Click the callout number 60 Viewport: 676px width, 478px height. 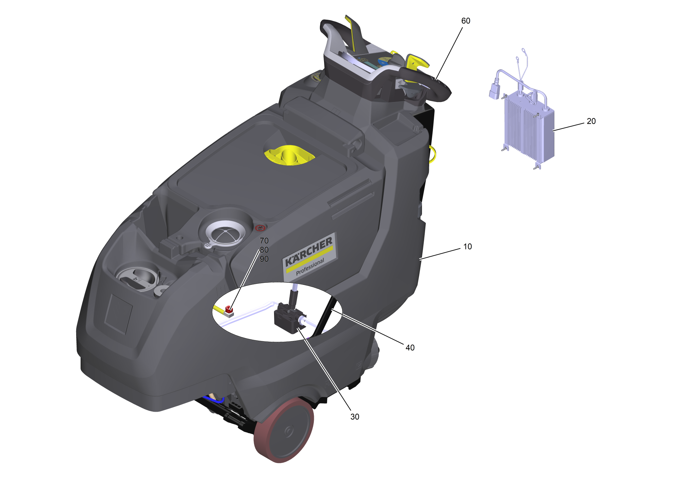click(x=466, y=21)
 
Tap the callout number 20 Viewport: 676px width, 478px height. click(x=591, y=121)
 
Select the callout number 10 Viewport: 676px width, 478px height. click(x=468, y=246)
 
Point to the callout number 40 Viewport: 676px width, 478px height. click(x=410, y=347)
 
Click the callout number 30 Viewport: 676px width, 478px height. click(x=355, y=416)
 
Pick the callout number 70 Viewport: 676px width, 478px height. click(x=264, y=241)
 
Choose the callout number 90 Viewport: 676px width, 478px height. click(x=264, y=259)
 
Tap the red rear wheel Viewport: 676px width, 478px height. click(x=284, y=430)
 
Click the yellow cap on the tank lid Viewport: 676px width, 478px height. click(x=289, y=155)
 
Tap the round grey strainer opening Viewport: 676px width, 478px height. click(x=225, y=233)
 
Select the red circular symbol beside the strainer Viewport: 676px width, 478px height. click(x=260, y=228)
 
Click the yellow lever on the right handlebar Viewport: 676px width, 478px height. click(x=417, y=62)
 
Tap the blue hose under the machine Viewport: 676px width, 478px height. click(x=214, y=400)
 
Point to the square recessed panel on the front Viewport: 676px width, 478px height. click(x=118, y=314)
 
